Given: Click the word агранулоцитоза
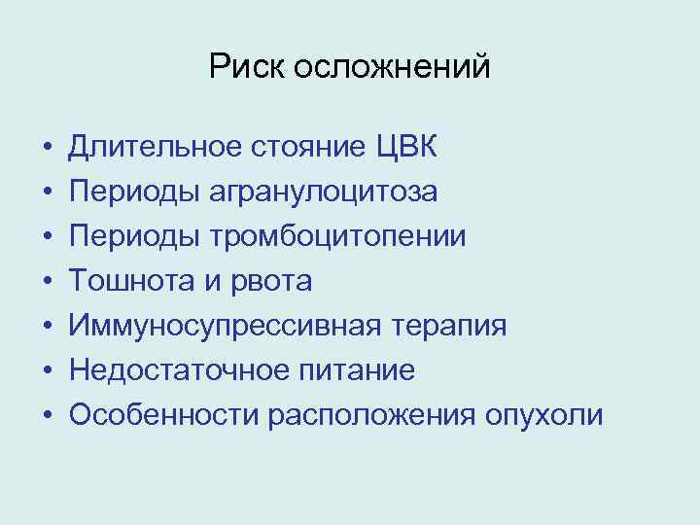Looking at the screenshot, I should click(323, 192).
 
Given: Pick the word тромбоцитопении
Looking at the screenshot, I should click(336, 237).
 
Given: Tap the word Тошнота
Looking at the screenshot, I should click(122, 282).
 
